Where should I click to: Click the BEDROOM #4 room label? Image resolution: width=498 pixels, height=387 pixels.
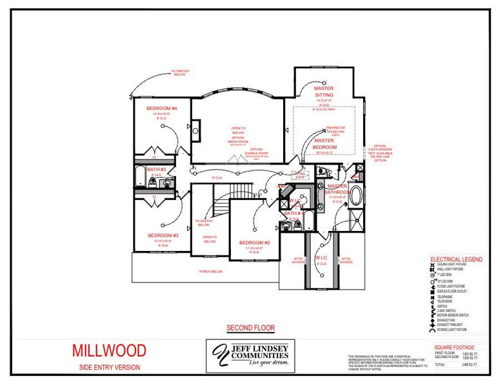coord(157,108)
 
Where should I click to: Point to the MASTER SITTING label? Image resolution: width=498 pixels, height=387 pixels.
coord(324,91)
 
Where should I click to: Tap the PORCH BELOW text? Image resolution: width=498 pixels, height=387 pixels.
coord(210,272)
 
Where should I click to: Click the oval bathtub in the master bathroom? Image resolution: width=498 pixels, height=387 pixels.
coord(355,195)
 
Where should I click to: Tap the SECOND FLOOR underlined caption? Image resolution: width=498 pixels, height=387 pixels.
coord(250,328)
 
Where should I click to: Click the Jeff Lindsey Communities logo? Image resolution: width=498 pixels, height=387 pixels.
coord(250,356)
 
